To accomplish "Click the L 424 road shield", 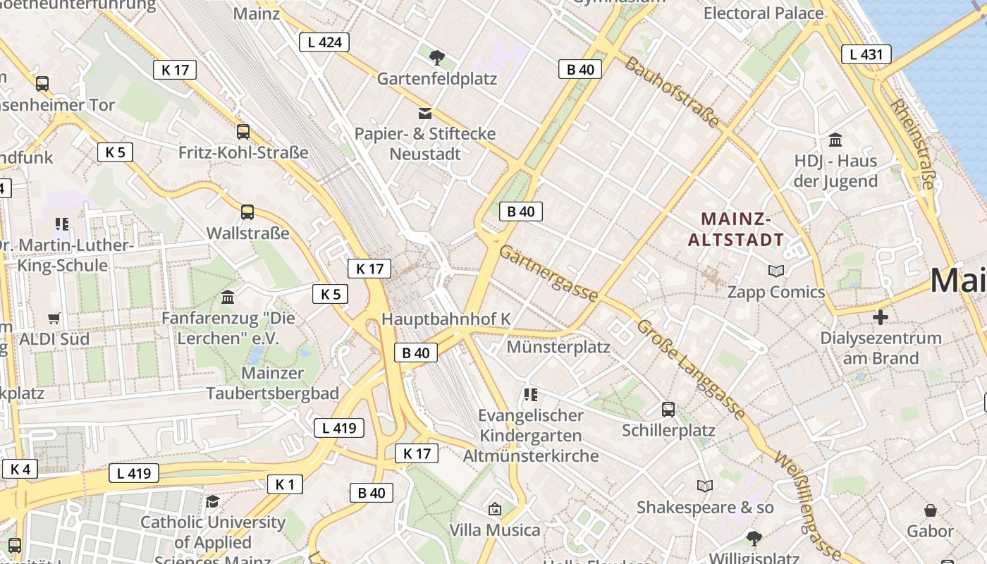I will click(x=324, y=42).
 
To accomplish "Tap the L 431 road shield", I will click(x=866, y=54).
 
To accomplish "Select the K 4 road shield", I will click(x=20, y=469).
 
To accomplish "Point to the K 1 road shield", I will click(x=285, y=484).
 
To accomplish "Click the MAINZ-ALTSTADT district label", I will click(x=736, y=229).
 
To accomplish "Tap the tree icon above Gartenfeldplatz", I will click(x=437, y=56).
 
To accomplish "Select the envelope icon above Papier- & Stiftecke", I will click(x=425, y=113).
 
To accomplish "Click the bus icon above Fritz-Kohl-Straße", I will click(x=243, y=131).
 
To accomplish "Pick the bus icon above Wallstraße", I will click(x=247, y=211).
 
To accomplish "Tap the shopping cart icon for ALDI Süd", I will click(x=54, y=318).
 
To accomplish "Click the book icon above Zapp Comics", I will click(x=776, y=271).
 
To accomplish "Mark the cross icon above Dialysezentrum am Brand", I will click(x=881, y=317).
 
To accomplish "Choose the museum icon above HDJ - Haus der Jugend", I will click(x=835, y=140).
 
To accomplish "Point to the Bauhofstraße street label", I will click(x=672, y=92).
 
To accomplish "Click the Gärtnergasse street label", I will click(x=549, y=274).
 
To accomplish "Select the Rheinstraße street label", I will click(x=912, y=144).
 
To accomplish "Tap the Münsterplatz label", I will click(x=558, y=347).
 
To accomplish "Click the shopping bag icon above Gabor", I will click(x=931, y=510).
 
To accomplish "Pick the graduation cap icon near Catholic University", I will click(x=212, y=501).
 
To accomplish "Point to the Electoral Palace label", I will click(x=764, y=13).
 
